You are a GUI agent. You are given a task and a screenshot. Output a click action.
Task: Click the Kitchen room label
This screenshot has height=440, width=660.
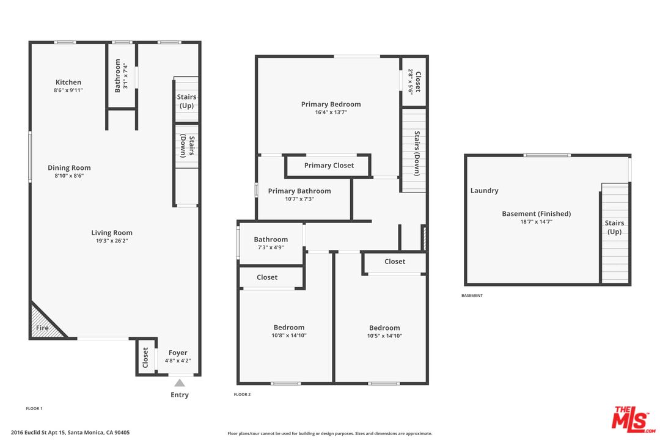pyautogui.click(x=68, y=82)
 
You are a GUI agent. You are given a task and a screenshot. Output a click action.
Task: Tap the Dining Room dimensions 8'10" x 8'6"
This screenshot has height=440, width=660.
pyautogui.click(x=69, y=175)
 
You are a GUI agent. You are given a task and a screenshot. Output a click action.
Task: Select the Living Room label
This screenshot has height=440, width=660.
pyautogui.click(x=112, y=233)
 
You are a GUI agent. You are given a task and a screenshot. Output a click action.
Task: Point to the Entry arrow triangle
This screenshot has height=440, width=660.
pyautogui.click(x=180, y=383)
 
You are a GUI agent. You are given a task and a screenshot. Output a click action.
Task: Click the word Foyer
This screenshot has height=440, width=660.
pyautogui.click(x=178, y=353)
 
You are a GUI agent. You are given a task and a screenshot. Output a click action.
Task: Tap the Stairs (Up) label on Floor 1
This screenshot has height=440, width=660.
pyautogui.click(x=186, y=101)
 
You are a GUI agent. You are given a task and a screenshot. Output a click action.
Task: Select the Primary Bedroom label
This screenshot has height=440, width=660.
pyautogui.click(x=331, y=104)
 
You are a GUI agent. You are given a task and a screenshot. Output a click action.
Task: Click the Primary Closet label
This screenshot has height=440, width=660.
pyautogui.click(x=329, y=166)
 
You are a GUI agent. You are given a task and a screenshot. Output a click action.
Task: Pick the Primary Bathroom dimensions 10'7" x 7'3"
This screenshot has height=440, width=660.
pyautogui.click(x=299, y=199)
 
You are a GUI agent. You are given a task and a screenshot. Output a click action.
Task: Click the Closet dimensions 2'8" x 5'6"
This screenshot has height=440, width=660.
pyautogui.click(x=411, y=82)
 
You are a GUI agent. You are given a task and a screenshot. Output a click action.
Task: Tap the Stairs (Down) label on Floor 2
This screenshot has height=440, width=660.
pyautogui.click(x=417, y=153)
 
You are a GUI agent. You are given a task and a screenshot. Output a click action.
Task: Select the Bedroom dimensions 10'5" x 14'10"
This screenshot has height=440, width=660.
pyautogui.click(x=384, y=335)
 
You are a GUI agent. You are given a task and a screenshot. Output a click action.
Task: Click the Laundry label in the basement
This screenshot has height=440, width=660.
pyautogui.click(x=484, y=191)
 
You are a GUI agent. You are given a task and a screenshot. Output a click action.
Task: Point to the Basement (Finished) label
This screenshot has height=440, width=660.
pyautogui.click(x=537, y=213)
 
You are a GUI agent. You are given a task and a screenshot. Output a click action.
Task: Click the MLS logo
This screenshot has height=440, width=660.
pyautogui.click(x=633, y=419)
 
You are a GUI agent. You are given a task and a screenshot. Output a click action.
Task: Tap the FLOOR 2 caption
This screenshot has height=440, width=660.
pyautogui.click(x=242, y=395)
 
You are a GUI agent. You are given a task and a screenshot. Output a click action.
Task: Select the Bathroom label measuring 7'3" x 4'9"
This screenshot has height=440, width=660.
pyautogui.click(x=271, y=239)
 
